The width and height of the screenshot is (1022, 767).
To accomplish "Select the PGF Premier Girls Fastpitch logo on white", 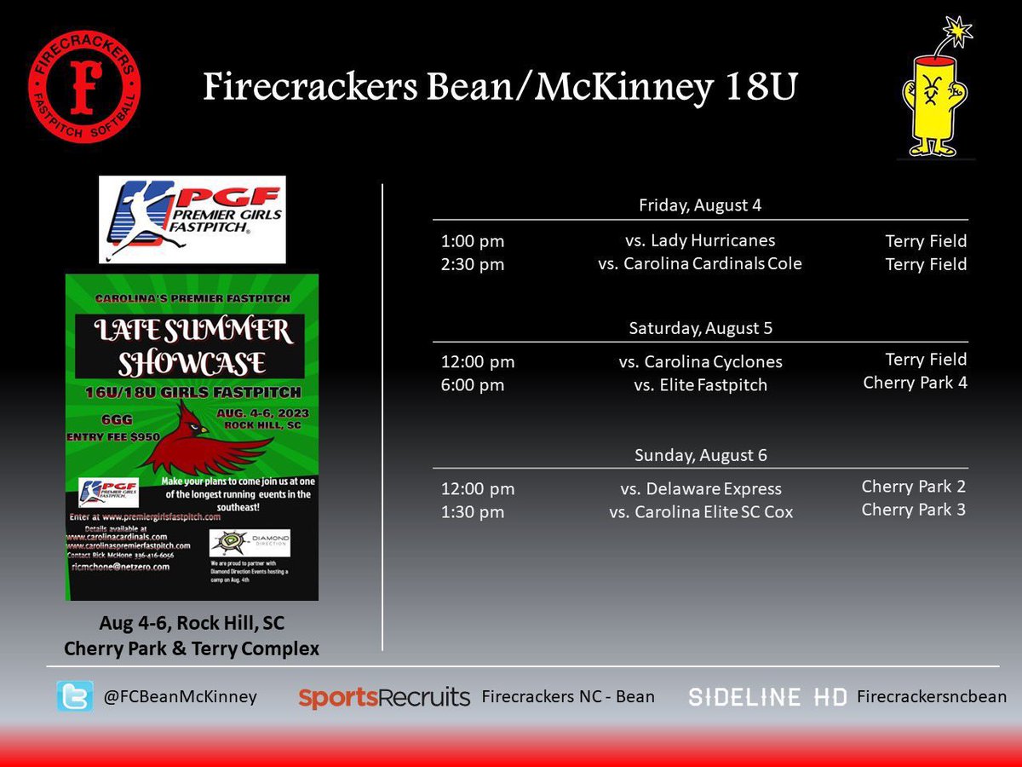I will pyautogui.click(x=192, y=219).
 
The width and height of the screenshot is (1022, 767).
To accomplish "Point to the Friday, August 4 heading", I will pyautogui.click(x=700, y=205).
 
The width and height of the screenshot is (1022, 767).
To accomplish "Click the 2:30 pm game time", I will pyautogui.click(x=473, y=264).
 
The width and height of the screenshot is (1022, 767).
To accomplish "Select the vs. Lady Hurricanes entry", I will pyautogui.click(x=700, y=241).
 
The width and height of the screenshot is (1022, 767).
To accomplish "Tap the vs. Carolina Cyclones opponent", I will pyautogui.click(x=700, y=362).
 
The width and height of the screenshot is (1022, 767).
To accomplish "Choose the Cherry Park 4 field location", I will pyautogui.click(x=915, y=383).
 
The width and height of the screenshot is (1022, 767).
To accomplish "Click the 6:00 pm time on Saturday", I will pyautogui.click(x=473, y=385).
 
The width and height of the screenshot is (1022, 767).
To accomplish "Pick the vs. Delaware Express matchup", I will pyautogui.click(x=700, y=489).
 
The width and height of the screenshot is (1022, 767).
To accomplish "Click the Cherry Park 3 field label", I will pyautogui.click(x=914, y=510).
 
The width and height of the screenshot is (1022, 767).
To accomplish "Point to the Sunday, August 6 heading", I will pyautogui.click(x=700, y=455).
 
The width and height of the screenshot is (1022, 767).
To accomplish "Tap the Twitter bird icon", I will pyautogui.click(x=75, y=696).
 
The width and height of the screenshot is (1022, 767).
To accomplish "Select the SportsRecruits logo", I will pyautogui.click(x=384, y=697).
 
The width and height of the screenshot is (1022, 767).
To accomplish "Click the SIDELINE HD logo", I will pyautogui.click(x=767, y=697).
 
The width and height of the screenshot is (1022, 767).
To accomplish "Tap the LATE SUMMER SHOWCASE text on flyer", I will pyautogui.click(x=192, y=346).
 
